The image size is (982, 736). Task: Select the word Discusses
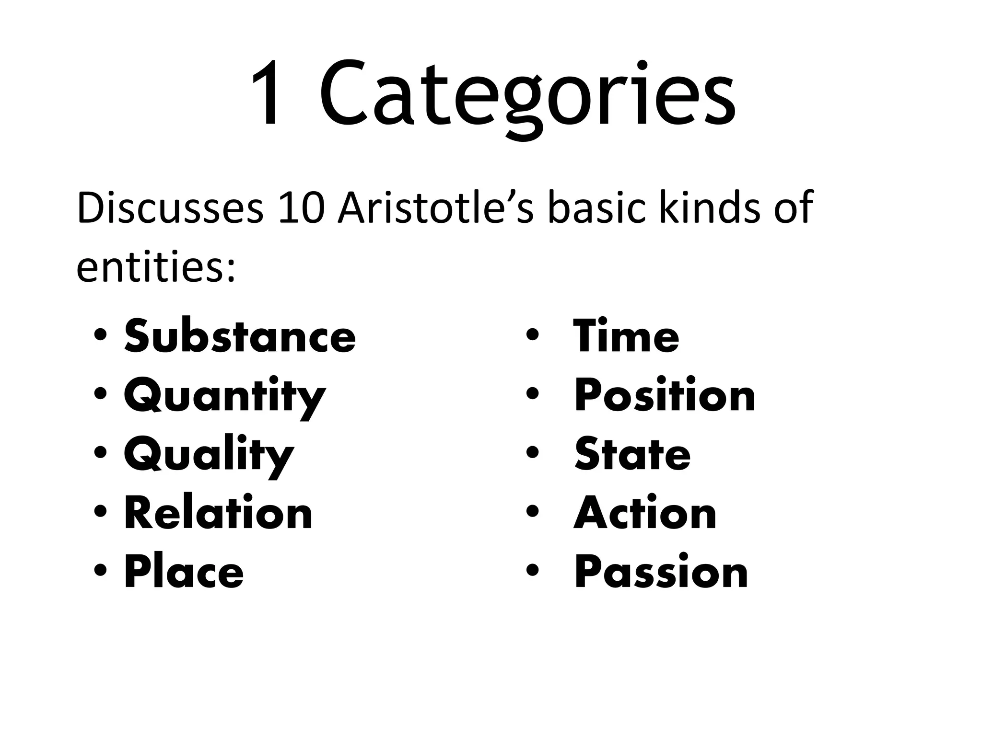170,208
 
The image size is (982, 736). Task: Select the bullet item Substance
240,336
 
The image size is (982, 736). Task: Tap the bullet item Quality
209,455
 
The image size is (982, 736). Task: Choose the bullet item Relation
218,514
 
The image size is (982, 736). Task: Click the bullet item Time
626,336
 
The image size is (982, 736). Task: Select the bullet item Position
665,396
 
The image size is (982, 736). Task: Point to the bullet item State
632,455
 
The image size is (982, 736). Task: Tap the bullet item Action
645,514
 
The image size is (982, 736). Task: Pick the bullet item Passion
661,572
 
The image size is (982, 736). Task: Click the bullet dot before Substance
100,335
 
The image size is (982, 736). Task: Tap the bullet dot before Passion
532,571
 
